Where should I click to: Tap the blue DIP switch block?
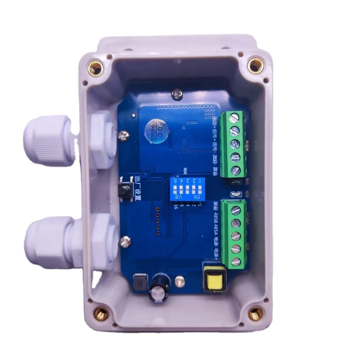[184, 189]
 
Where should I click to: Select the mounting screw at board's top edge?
[175, 93]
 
